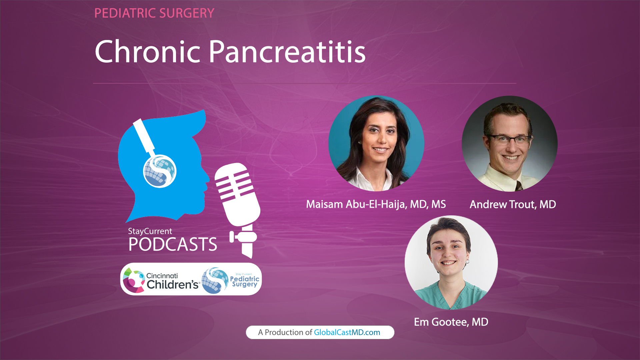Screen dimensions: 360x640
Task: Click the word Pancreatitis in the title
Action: pyautogui.click(x=287, y=52)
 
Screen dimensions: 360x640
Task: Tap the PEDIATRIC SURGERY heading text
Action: pyautogui.click(x=154, y=13)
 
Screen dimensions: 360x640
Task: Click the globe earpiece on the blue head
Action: pyautogui.click(x=160, y=171)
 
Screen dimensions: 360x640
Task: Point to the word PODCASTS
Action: pyautogui.click(x=173, y=244)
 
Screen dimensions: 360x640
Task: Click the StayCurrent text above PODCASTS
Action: pyautogui.click(x=150, y=231)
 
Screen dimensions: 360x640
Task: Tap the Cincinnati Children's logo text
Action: pyautogui.click(x=172, y=281)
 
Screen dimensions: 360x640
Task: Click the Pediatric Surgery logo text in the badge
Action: pyautogui.click(x=245, y=281)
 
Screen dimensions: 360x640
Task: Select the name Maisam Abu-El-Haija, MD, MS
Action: pyautogui.click(x=376, y=204)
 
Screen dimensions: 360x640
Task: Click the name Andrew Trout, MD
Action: pyautogui.click(x=512, y=204)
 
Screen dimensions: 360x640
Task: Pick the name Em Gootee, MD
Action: pyautogui.click(x=451, y=322)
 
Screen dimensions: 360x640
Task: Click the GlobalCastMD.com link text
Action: pyautogui.click(x=347, y=332)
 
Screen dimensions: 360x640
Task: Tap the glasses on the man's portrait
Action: pyautogui.click(x=509, y=139)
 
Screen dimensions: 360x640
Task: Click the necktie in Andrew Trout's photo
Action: pyautogui.click(x=519, y=186)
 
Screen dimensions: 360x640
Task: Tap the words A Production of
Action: pyautogui.click(x=285, y=332)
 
